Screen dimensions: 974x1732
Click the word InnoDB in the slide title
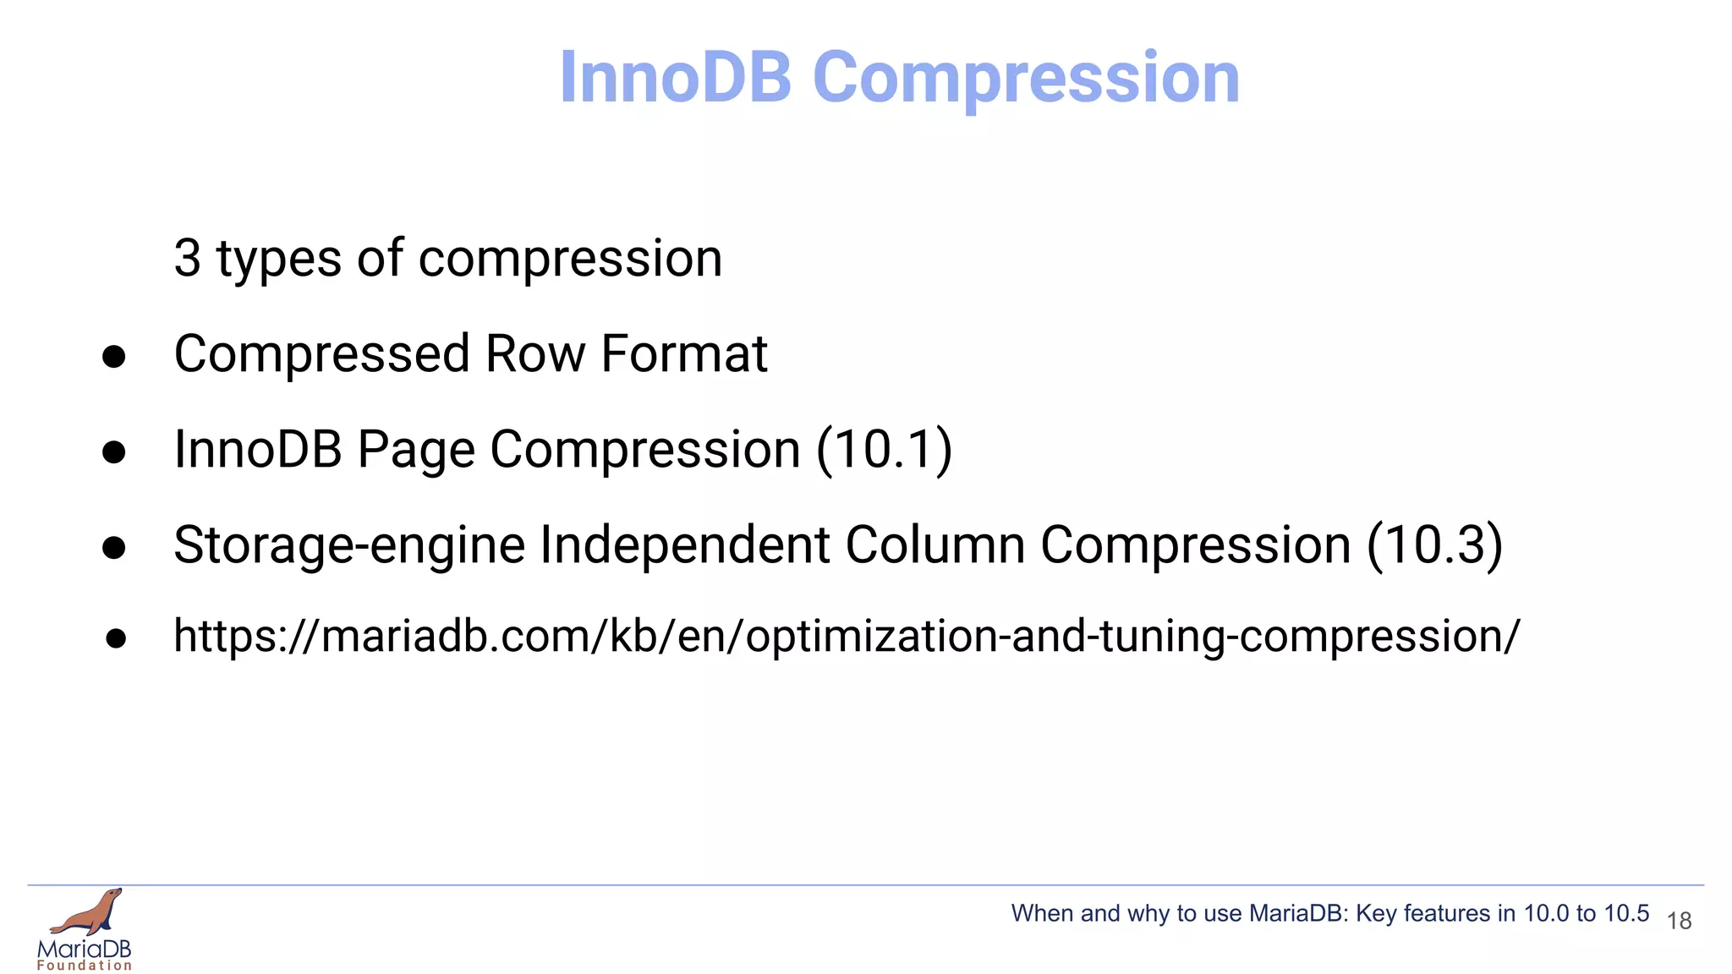(675, 78)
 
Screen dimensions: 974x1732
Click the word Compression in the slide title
(1026, 78)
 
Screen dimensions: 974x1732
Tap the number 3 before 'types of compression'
(187, 259)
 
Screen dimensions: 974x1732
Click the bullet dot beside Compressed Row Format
(114, 357)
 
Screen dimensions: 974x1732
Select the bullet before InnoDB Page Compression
(114, 452)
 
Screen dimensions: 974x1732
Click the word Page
(415, 451)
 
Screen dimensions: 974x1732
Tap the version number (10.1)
(884, 450)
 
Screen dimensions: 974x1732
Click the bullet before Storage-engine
(114, 548)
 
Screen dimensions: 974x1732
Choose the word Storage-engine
(349, 546)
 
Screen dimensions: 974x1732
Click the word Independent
(685, 545)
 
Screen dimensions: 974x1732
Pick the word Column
(935, 545)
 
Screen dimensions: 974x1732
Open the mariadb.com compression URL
(846, 637)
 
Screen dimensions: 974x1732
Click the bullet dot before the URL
(116, 638)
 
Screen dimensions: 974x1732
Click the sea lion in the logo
(89, 913)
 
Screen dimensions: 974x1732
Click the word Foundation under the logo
(85, 966)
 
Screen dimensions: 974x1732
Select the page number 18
(1679, 921)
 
